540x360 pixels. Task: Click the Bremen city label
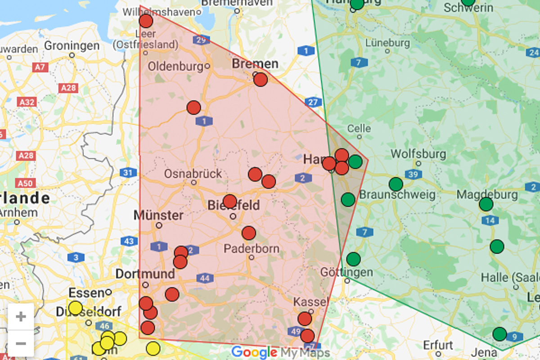click(x=255, y=63)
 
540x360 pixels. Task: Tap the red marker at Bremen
click(x=260, y=80)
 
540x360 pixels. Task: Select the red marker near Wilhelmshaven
click(x=146, y=21)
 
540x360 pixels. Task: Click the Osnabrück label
click(x=193, y=173)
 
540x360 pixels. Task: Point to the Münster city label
click(x=158, y=215)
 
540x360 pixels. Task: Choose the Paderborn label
click(x=252, y=248)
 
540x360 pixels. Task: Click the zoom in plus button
click(x=21, y=317)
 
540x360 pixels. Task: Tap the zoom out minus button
click(x=21, y=344)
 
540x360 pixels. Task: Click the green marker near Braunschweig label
click(x=348, y=199)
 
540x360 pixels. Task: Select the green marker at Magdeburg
click(x=486, y=204)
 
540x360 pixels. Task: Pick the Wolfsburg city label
click(x=418, y=154)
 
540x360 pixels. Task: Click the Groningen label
click(x=72, y=46)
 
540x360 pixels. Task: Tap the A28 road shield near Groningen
click(x=68, y=87)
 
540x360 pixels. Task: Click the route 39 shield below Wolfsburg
click(x=413, y=174)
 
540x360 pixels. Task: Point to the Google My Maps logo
click(x=280, y=352)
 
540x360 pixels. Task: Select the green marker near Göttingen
click(x=353, y=259)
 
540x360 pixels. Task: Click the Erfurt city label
click(x=438, y=346)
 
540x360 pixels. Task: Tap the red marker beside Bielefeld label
click(x=229, y=201)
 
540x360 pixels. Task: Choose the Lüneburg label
click(x=387, y=43)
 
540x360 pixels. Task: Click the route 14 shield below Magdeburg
click(x=490, y=220)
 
